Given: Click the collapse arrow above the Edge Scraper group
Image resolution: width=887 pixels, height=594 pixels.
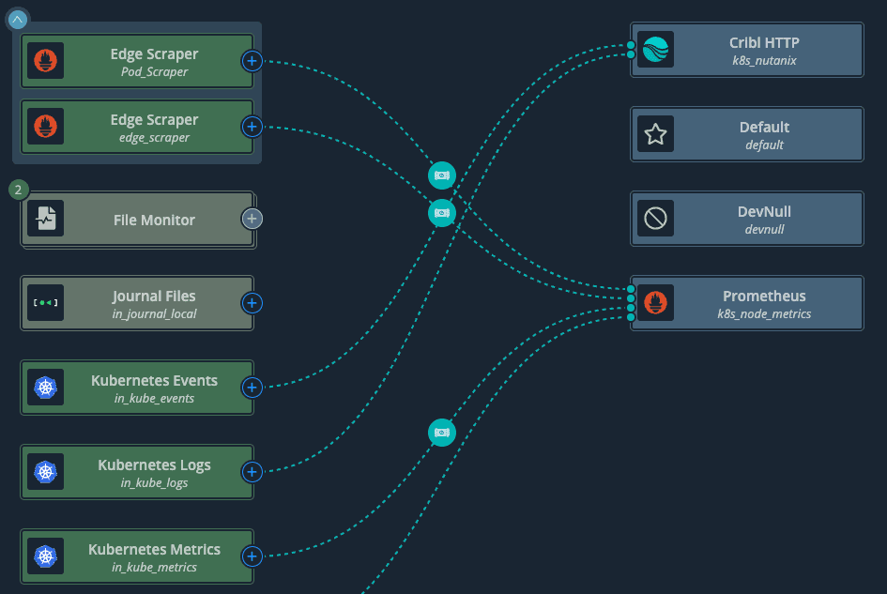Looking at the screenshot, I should (18, 19).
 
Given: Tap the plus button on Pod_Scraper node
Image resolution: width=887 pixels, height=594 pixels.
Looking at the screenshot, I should (252, 61).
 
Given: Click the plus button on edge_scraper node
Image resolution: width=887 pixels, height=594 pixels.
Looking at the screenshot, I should (252, 126).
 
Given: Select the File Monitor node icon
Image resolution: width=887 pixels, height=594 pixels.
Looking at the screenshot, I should (45, 220).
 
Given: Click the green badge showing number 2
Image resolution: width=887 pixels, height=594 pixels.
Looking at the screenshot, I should (18, 190).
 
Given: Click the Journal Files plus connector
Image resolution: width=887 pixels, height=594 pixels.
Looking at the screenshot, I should (252, 303).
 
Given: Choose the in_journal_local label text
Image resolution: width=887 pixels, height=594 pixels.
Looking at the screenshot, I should (154, 313).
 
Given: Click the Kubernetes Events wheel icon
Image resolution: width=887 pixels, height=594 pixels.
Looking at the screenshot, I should (45, 388).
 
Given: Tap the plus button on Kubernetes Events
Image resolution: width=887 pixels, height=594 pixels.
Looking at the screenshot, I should (252, 388).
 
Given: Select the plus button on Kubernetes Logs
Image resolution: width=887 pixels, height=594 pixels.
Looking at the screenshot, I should (252, 471).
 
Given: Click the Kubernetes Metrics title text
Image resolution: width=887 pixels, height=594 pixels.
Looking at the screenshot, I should (154, 549).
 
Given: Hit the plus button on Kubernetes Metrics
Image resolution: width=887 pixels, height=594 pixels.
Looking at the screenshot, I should (252, 556).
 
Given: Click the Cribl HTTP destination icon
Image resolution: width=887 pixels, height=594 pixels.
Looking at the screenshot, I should (655, 50).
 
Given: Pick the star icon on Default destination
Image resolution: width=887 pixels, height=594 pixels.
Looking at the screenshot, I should (655, 134).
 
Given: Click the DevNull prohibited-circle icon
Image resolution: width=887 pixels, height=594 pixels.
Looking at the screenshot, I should (655, 219).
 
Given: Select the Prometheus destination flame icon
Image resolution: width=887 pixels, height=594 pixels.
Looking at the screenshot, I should (655, 303).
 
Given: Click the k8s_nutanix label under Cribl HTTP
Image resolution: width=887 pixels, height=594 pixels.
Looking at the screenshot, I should (764, 60).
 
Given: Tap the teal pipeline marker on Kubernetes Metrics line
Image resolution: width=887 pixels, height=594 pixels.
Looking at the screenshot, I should (442, 433).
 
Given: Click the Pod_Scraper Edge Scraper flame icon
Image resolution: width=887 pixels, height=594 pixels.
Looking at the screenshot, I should (45, 61).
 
